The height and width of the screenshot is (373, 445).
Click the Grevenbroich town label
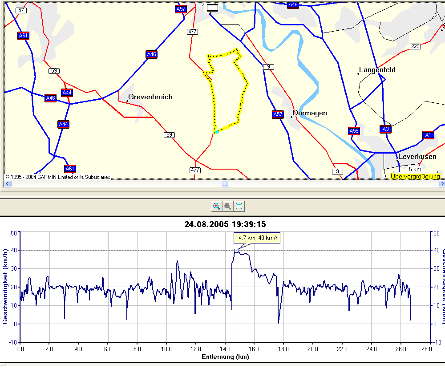tap(150, 97)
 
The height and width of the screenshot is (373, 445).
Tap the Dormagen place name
tap(310, 113)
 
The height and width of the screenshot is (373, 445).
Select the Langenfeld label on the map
tap(377, 70)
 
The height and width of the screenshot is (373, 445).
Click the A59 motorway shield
tap(354, 131)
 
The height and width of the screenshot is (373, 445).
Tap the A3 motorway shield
tap(385, 129)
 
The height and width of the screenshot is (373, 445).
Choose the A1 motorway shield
tap(428, 135)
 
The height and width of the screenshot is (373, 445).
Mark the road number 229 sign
tap(415, 46)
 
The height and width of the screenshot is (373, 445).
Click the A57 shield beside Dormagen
tap(278, 114)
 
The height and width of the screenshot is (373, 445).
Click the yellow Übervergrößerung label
tap(415, 177)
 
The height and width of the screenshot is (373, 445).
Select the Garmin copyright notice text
tap(58, 177)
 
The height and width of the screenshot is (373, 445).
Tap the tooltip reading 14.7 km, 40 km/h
tap(257, 238)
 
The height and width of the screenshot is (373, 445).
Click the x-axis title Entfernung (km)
tap(225, 357)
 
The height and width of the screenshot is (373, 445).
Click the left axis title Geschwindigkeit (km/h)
tap(6, 287)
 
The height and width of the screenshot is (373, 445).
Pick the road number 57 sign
tap(21, 10)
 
